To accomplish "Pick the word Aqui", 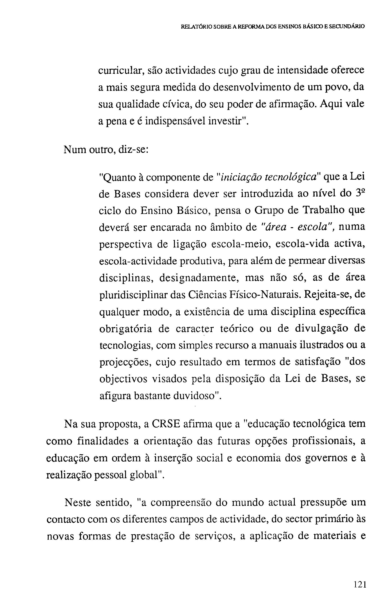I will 331,104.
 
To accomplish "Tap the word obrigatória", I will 126,329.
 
